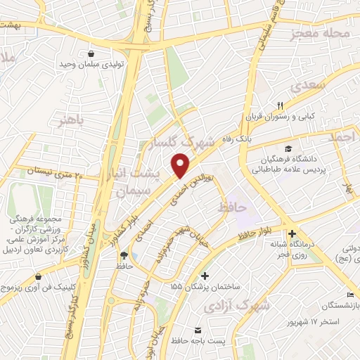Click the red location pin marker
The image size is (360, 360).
pos(181,166)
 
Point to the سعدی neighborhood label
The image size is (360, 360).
pos(304,85)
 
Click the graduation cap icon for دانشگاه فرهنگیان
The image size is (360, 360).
pos(288,148)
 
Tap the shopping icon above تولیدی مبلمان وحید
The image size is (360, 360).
pos(91,53)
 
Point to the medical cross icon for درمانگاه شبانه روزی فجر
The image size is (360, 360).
pos(293,234)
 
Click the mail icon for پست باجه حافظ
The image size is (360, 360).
pos(198,330)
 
